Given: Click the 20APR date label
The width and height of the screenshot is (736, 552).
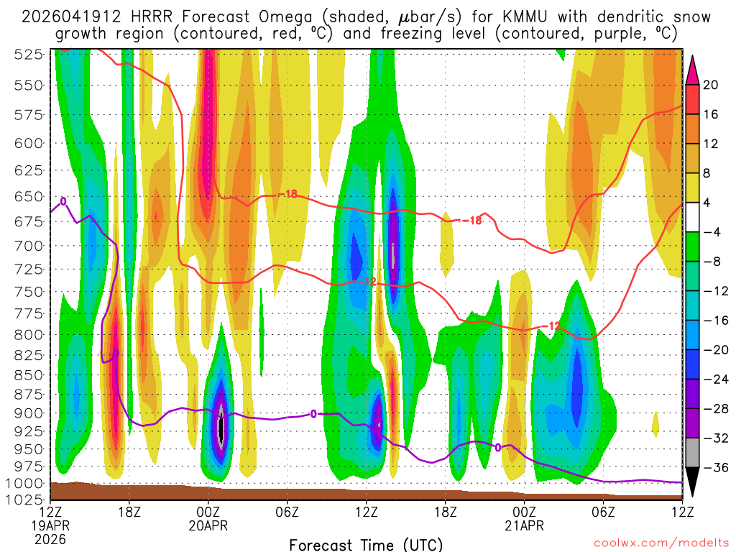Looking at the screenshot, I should (x=208, y=525).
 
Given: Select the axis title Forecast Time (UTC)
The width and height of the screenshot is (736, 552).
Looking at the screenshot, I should (x=366, y=544).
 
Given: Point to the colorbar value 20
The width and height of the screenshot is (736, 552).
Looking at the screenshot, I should (x=711, y=85).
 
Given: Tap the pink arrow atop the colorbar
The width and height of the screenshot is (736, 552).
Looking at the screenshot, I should (x=693, y=69).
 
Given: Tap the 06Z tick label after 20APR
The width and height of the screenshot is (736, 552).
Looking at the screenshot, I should (x=287, y=512).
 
